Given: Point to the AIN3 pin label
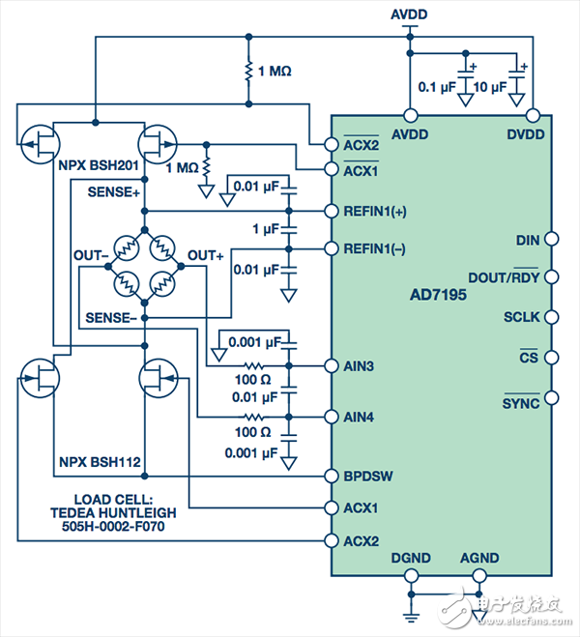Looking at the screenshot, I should tap(361, 367).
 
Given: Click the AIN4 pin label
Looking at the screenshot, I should tap(361, 417).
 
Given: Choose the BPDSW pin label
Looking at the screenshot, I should tap(368, 477).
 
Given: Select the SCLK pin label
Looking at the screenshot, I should tap(523, 317).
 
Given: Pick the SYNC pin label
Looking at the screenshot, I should tap(521, 397).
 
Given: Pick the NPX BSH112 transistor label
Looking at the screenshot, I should tap(96, 462).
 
